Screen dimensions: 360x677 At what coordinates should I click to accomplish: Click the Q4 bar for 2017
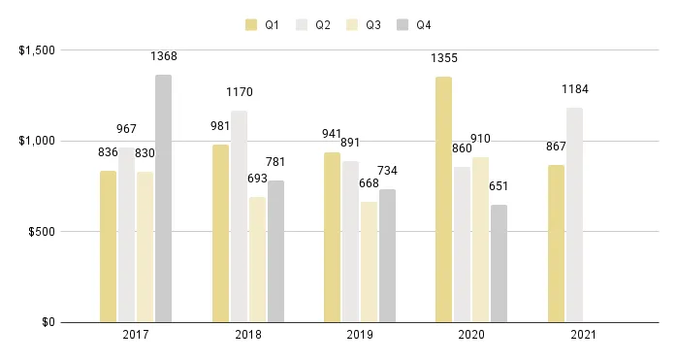click(x=163, y=199)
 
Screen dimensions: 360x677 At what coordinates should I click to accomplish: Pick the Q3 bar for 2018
click(x=257, y=260)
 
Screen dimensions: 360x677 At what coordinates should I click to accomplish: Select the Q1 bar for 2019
click(x=332, y=238)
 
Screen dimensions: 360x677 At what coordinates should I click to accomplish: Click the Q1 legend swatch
click(x=252, y=24)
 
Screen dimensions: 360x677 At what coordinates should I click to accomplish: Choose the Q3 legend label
click(x=373, y=24)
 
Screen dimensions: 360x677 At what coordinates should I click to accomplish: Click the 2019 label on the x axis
click(x=360, y=335)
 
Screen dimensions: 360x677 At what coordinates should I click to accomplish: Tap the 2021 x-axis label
click(x=583, y=335)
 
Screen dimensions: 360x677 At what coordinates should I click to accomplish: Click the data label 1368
click(x=163, y=56)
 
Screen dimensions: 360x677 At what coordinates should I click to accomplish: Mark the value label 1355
click(x=443, y=58)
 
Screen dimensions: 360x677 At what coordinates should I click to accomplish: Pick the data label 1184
click(x=575, y=89)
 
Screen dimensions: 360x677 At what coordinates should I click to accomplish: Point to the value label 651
click(x=499, y=186)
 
